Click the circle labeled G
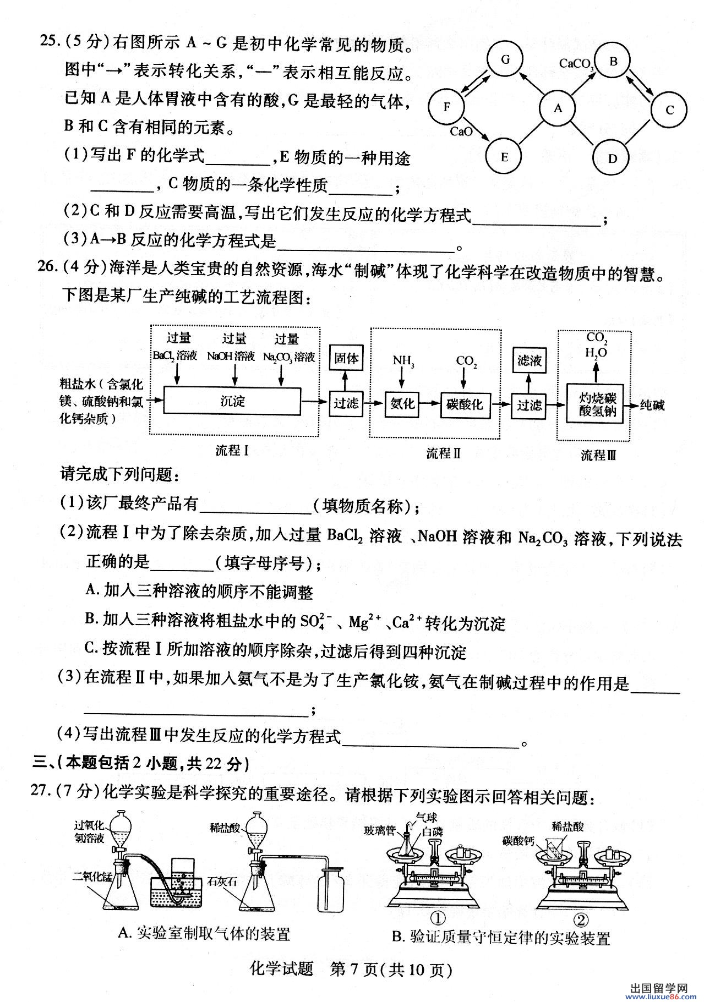505,59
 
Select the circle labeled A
558,108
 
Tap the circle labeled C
669,109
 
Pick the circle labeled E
504,157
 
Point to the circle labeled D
612,158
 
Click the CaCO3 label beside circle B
576,64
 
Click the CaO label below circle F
461,132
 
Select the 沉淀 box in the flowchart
233,402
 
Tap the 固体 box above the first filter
346,359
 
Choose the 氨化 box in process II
402,404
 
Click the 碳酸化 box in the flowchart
465,404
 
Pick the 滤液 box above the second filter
530,361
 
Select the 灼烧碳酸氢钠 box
597,405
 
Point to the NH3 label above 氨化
403,361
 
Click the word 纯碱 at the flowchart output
652,406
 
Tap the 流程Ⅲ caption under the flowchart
598,455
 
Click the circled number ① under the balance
438,918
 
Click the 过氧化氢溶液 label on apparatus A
89,832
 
